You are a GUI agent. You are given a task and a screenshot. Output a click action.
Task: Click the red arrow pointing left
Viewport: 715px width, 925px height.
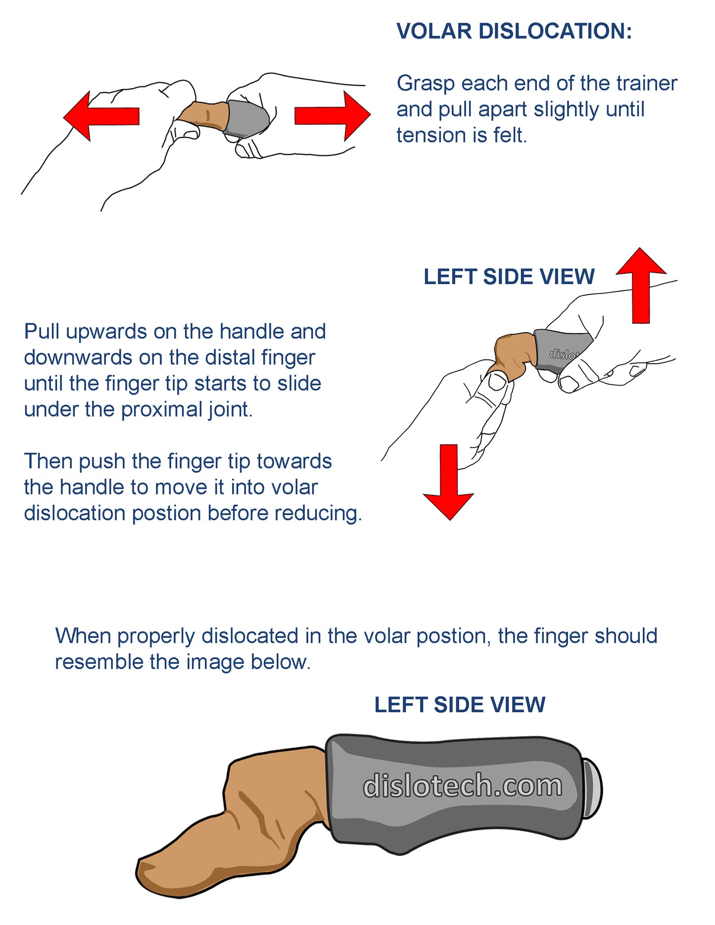pyautogui.click(x=101, y=116)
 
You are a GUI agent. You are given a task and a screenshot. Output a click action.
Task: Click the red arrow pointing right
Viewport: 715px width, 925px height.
pyautogui.click(x=333, y=116)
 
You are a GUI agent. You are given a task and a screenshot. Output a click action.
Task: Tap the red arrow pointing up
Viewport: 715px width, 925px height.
pyautogui.click(x=641, y=285)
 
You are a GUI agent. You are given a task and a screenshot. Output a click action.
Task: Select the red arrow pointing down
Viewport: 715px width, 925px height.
pyautogui.click(x=449, y=482)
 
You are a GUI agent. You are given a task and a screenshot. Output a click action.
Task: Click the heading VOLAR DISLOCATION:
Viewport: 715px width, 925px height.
pyautogui.click(x=514, y=31)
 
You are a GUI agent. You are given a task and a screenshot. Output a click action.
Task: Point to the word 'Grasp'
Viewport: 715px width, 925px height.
pyautogui.click(x=426, y=84)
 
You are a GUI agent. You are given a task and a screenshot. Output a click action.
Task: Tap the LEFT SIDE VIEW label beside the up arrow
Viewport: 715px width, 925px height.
pyautogui.click(x=509, y=277)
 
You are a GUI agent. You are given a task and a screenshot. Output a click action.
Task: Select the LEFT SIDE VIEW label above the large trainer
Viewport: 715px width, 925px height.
pyautogui.click(x=460, y=705)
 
